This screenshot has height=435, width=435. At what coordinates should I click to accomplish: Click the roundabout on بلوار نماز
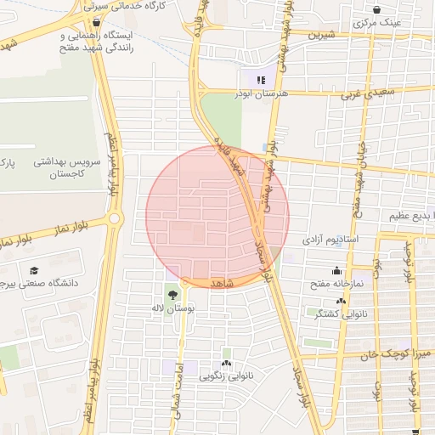(114, 220)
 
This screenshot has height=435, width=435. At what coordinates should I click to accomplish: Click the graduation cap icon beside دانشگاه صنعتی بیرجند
(34, 270)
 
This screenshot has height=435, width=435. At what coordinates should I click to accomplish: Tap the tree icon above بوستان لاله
(173, 294)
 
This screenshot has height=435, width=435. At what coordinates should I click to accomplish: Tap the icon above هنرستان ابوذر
(260, 80)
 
